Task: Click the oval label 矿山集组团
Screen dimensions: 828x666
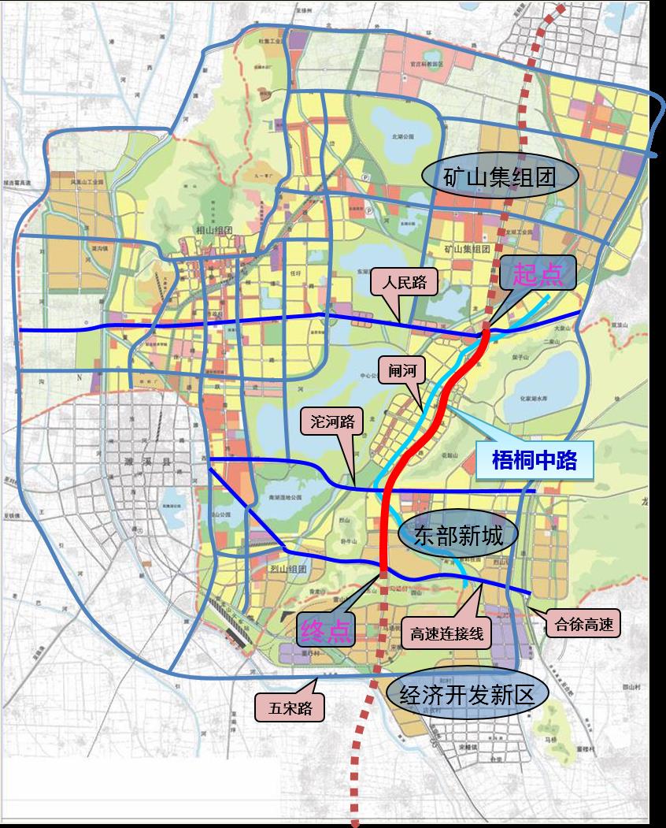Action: click(x=500, y=176)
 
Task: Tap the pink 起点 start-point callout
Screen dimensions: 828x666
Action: click(x=538, y=274)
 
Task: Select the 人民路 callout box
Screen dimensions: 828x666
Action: click(x=404, y=282)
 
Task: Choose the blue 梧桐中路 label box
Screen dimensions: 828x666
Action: click(x=535, y=460)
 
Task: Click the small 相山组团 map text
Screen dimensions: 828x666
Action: click(x=213, y=230)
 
